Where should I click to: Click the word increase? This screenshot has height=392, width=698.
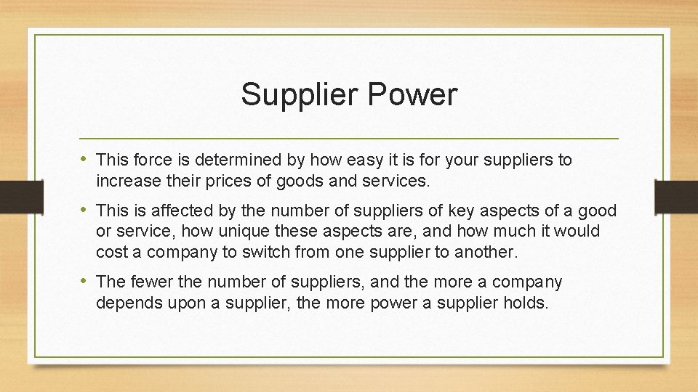[x=125, y=181]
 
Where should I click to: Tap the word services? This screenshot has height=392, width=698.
[x=400, y=181]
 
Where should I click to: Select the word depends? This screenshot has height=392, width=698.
[x=127, y=302]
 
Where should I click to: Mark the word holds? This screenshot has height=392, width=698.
[x=526, y=302]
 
